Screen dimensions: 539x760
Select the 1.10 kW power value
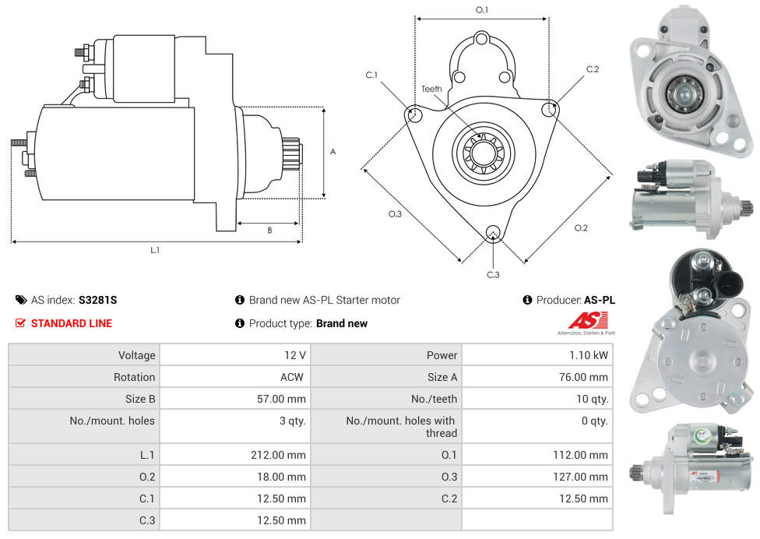click(x=589, y=355)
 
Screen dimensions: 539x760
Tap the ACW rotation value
click(x=294, y=377)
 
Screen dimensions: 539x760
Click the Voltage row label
click(x=136, y=355)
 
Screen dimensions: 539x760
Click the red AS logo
click(x=587, y=320)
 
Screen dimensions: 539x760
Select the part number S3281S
click(x=97, y=300)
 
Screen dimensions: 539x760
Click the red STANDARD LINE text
click(x=72, y=323)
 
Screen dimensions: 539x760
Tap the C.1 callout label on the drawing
click(x=371, y=75)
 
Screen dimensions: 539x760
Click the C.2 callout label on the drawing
click(x=593, y=69)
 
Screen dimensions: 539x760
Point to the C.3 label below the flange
click(x=493, y=274)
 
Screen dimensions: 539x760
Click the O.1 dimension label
click(x=482, y=10)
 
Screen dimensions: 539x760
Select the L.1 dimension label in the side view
click(x=155, y=250)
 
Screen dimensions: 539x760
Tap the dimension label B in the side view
click(x=269, y=231)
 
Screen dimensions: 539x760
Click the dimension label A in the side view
click(x=333, y=153)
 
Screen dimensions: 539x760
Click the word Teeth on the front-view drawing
click(x=431, y=89)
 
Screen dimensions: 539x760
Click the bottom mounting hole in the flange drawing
click(x=492, y=232)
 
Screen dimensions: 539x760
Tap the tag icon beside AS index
click(x=21, y=300)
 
